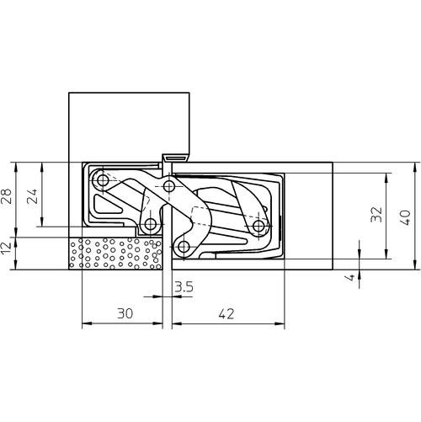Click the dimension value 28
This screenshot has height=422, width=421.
click(x=7, y=196)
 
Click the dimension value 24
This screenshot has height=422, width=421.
click(x=32, y=196)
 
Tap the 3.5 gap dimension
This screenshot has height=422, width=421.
click(x=184, y=287)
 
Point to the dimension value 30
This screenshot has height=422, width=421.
click(x=125, y=313)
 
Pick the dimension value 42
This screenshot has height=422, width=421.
click(x=226, y=313)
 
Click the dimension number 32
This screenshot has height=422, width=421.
click(x=376, y=215)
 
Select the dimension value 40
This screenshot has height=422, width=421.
click(x=405, y=217)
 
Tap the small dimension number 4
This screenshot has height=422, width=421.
click(x=350, y=277)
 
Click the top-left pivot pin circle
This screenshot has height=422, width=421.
click(x=103, y=180)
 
